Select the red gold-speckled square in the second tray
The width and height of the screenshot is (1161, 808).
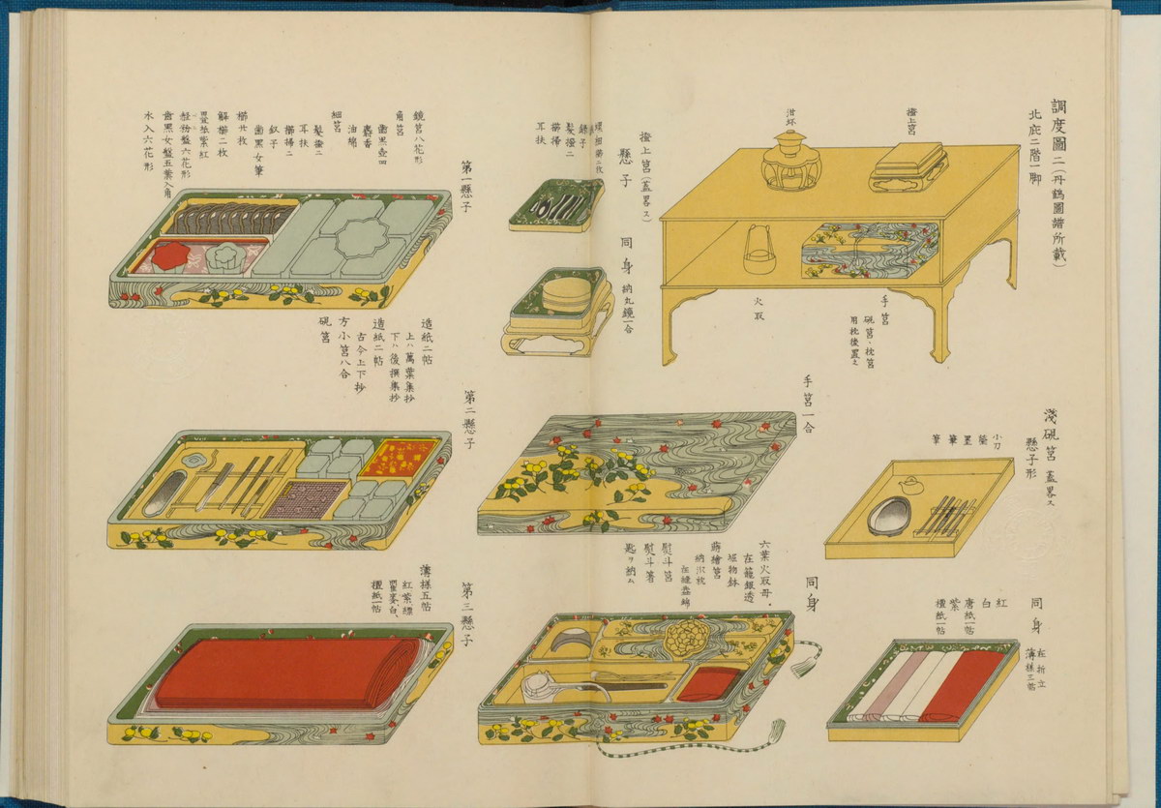tap(401, 457)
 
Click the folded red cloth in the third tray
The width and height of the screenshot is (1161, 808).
tap(287, 672)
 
